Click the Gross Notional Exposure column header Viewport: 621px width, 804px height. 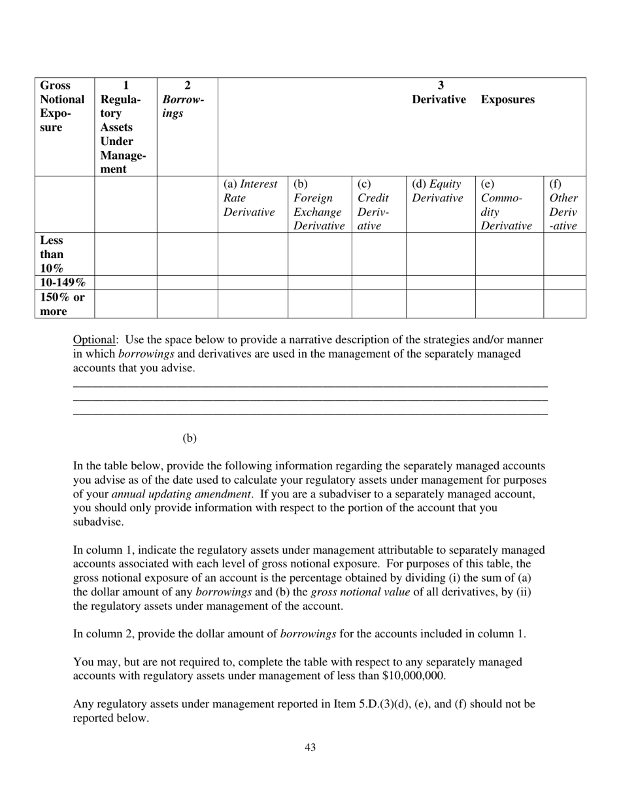pos(62,107)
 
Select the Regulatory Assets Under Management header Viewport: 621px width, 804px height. pos(124,127)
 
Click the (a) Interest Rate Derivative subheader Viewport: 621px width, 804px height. pos(251,198)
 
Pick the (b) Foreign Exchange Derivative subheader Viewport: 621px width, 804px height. pos(318,205)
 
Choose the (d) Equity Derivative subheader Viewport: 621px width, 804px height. pos(437,192)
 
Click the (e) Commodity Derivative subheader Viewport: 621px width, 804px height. pos(506,205)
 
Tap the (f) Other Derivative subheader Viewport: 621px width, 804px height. pos(563,205)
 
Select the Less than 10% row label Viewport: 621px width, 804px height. pos(52,254)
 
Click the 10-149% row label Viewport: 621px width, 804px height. pos(63,282)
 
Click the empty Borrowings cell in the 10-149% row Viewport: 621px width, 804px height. pos(187,282)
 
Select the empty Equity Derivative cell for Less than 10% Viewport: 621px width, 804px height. pos(440,254)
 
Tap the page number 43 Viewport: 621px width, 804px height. pos(310,747)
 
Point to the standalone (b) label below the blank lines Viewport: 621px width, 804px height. pos(190,438)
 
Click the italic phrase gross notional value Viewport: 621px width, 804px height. pos(350,592)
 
